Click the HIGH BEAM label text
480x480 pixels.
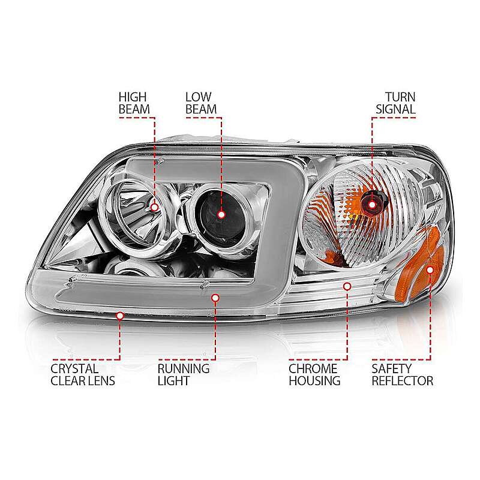134,103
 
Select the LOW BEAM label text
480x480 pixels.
201,103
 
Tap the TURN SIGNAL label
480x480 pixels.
396,103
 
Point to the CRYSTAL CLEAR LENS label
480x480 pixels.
83,374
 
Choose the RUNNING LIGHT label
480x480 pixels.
184,374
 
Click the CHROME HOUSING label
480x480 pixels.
314,374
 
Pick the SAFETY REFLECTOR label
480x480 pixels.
402,374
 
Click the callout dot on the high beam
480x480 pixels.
155,208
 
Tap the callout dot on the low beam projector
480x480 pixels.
221,215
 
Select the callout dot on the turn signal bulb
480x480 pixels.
372,205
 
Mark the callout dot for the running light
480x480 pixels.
215,298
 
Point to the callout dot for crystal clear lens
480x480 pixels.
120,316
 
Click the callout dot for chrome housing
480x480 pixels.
347,287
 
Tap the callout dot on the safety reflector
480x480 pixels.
430,270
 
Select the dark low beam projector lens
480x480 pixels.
220,214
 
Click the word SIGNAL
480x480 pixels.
396,109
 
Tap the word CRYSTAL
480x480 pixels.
74,369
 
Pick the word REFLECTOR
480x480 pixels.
402,381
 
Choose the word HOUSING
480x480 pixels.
314,381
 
